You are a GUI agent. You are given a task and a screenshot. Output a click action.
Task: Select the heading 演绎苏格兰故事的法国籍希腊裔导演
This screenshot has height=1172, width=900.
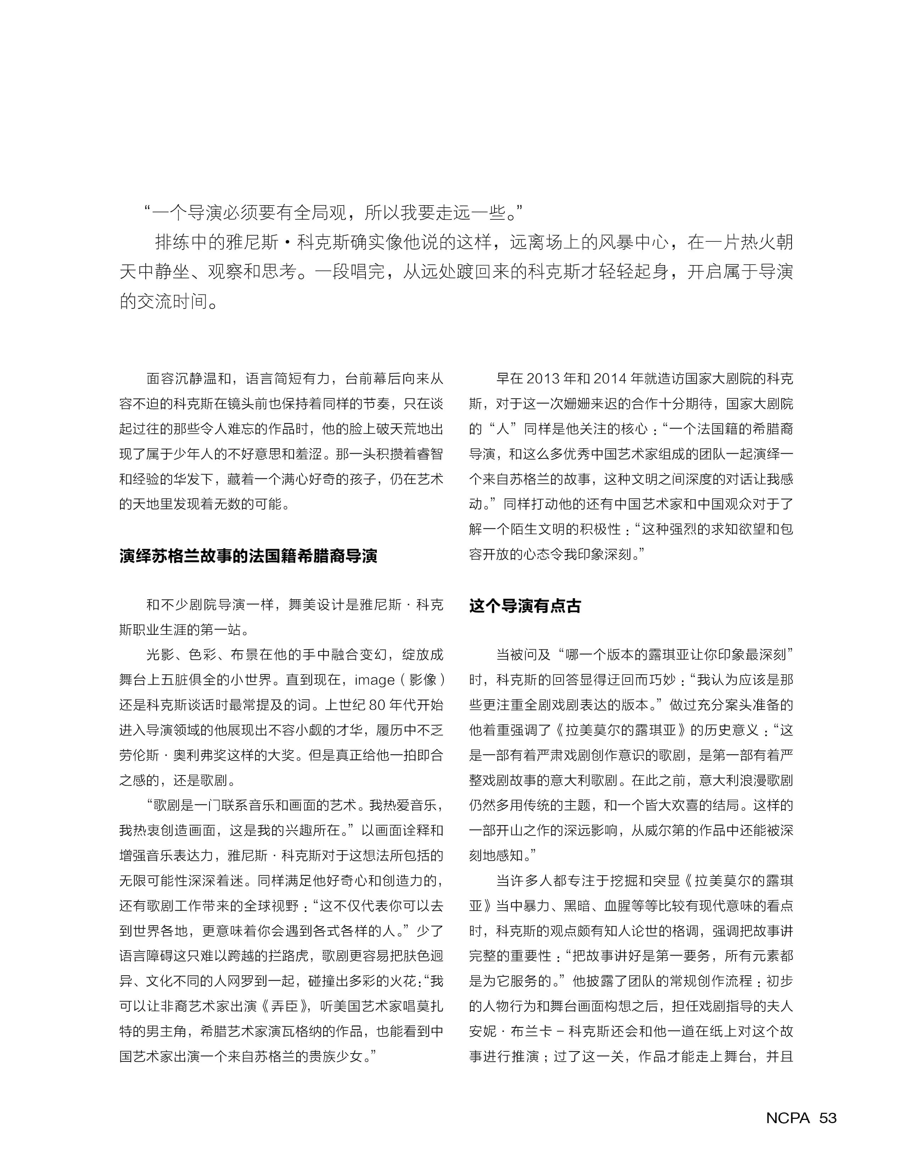click(248, 556)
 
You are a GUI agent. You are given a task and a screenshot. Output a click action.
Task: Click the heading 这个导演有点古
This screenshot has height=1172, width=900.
click(525, 606)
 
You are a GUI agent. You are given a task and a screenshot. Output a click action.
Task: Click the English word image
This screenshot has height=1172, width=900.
click(374, 680)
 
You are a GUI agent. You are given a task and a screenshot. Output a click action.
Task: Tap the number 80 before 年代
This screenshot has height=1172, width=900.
click(377, 705)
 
